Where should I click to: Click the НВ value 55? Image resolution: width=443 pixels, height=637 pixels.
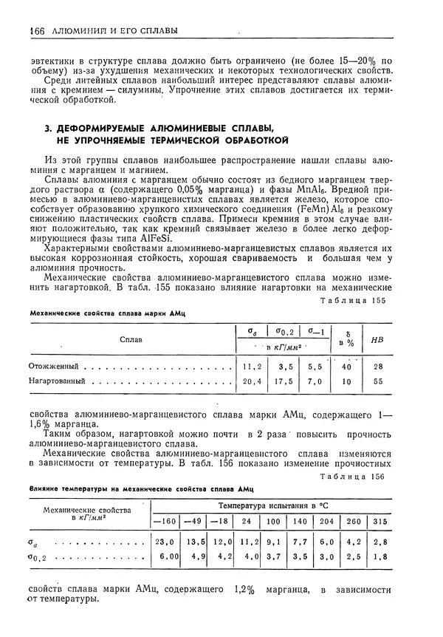tap(378, 381)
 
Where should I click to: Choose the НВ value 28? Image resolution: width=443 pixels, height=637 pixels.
tap(378, 366)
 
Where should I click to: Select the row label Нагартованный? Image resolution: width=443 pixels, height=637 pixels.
tap(57, 381)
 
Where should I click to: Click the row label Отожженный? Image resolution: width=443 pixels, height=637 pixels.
tap(53, 366)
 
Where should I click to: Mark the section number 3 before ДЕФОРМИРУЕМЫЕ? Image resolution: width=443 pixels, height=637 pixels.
tap(48, 128)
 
